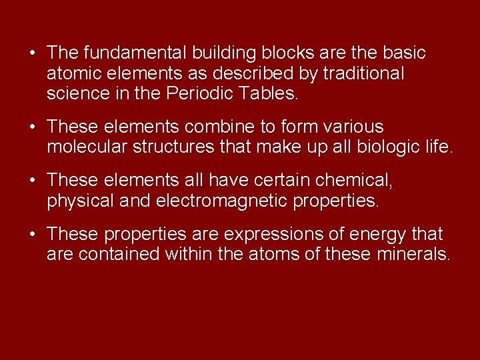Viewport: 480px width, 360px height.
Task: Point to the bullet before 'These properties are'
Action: pos(32,235)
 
